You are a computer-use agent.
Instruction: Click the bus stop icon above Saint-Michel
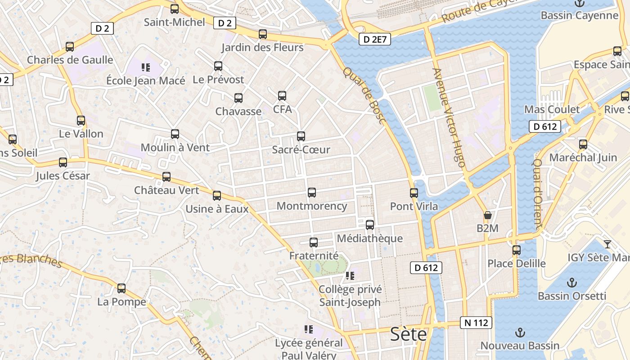[x=175, y=9]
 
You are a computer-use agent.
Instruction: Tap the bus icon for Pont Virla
[x=414, y=193]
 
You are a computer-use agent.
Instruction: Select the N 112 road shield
[x=476, y=322]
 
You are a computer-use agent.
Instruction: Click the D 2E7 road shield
[x=375, y=39]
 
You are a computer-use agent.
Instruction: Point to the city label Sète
[x=408, y=334]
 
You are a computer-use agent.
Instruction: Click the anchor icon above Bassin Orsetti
[x=571, y=283]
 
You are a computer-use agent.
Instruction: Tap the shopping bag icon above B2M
[x=487, y=215]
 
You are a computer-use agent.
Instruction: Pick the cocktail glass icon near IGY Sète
[x=607, y=244]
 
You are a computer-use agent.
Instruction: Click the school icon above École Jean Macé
[x=145, y=67]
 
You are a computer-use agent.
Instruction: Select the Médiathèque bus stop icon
[x=370, y=225]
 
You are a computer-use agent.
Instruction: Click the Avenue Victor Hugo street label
[x=448, y=118]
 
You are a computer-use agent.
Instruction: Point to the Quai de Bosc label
[x=364, y=95]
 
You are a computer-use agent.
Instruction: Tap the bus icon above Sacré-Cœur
[x=301, y=136]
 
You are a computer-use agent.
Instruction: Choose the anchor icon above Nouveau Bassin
[x=520, y=333]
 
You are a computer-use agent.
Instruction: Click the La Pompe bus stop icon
[x=121, y=288]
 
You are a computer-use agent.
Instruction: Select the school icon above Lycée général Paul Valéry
[x=308, y=329]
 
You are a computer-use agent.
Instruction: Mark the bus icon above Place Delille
[x=517, y=250]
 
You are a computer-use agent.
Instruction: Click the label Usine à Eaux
[x=217, y=209]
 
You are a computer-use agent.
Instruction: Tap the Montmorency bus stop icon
[x=311, y=193]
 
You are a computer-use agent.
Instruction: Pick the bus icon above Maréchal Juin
[x=583, y=144]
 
